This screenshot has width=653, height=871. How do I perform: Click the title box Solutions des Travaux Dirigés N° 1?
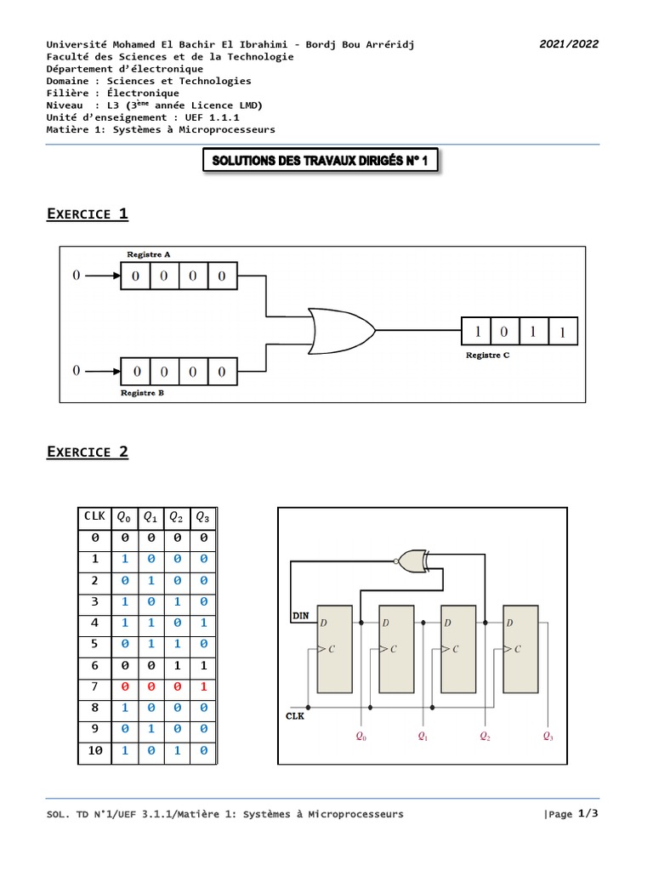tap(321, 162)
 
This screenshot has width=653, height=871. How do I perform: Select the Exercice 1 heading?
tap(87, 213)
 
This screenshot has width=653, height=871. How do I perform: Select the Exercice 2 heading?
tap(87, 452)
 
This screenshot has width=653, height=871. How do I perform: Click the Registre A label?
tap(149, 253)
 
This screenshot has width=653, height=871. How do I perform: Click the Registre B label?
tap(142, 393)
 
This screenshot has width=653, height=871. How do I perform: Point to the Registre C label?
tap(487, 355)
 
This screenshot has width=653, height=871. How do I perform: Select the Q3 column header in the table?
tap(202, 516)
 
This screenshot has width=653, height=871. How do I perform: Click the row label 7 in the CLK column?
tap(94, 686)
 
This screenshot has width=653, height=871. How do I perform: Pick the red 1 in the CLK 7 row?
tap(202, 686)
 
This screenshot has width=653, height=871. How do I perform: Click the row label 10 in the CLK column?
tap(94, 751)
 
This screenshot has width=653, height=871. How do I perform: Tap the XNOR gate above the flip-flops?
tap(412, 561)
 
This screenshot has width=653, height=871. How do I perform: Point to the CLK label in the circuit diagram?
tap(295, 717)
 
